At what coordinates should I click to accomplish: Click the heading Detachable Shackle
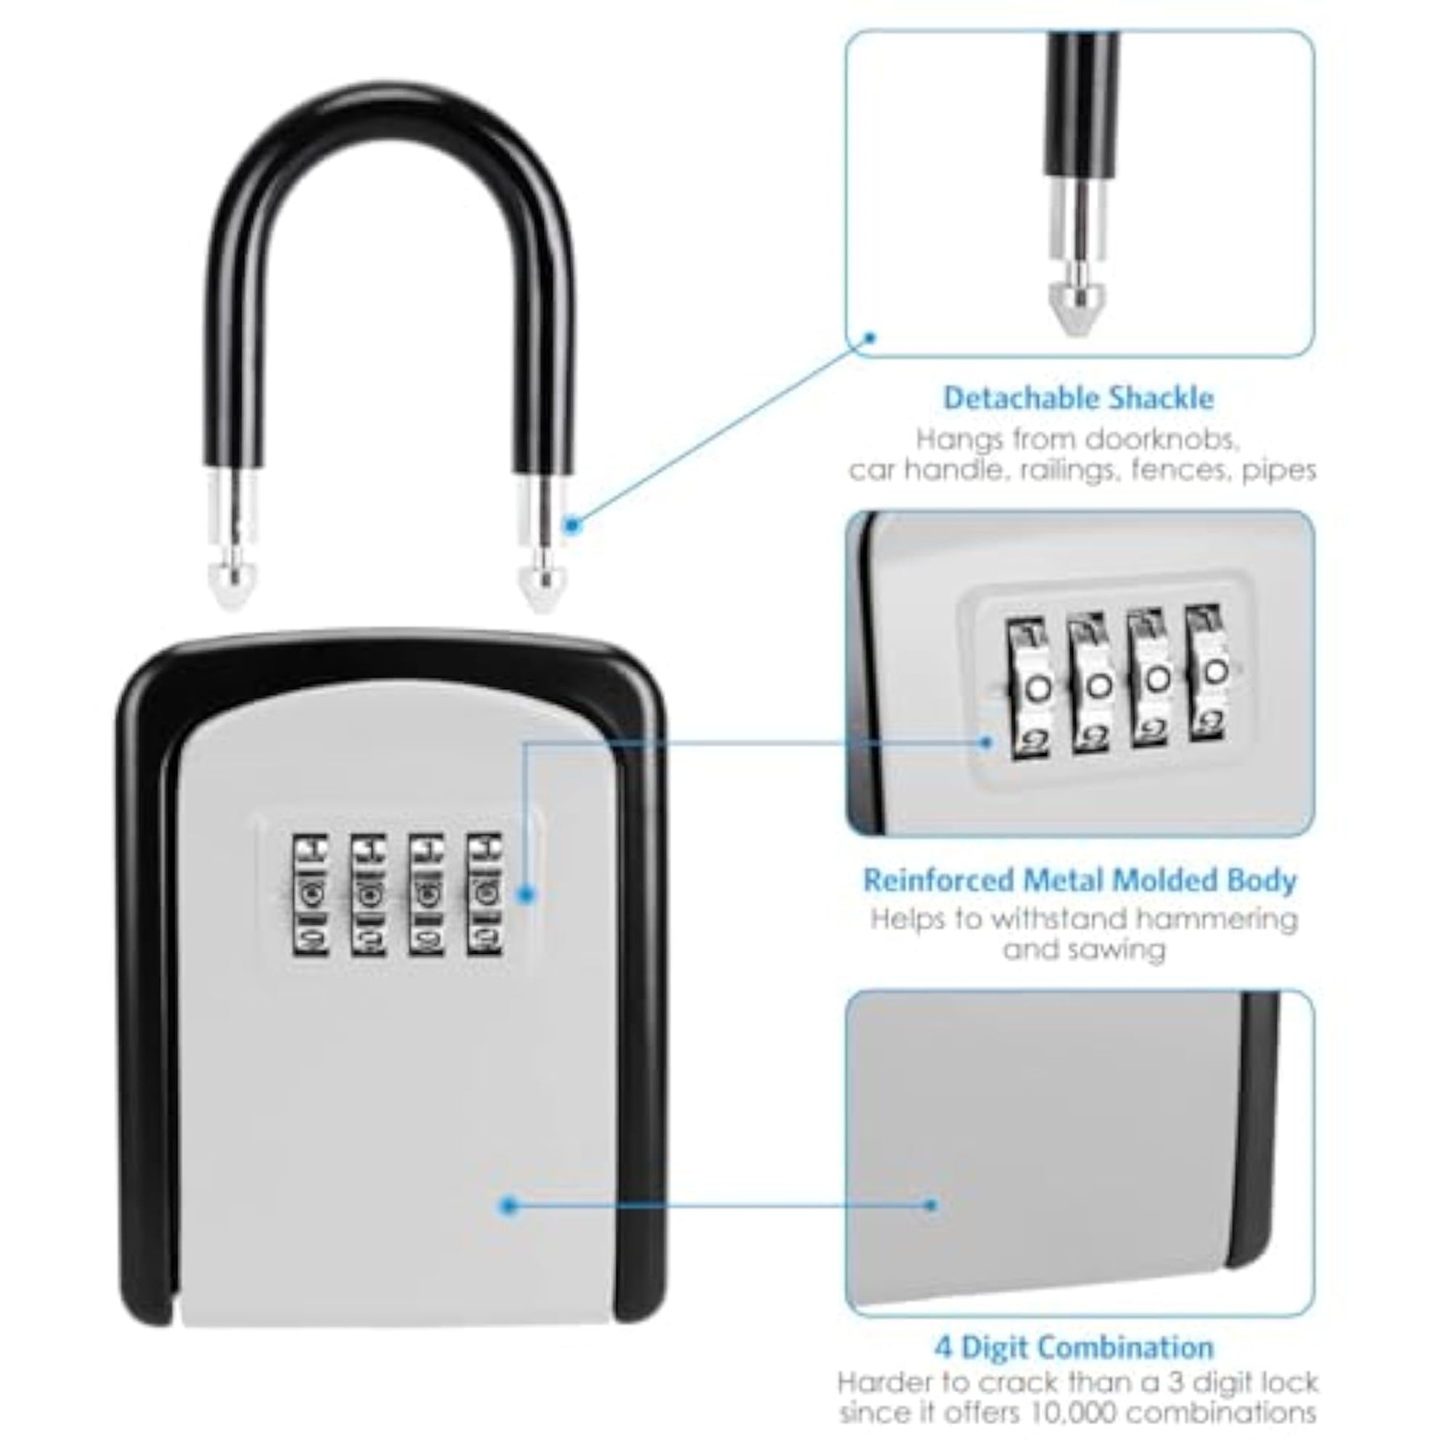1078,398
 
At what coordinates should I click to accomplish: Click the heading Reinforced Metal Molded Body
1080,880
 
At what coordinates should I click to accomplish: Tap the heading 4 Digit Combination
1074,1347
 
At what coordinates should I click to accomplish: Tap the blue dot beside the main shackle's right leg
573,526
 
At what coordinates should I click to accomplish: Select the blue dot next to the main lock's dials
526,894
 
